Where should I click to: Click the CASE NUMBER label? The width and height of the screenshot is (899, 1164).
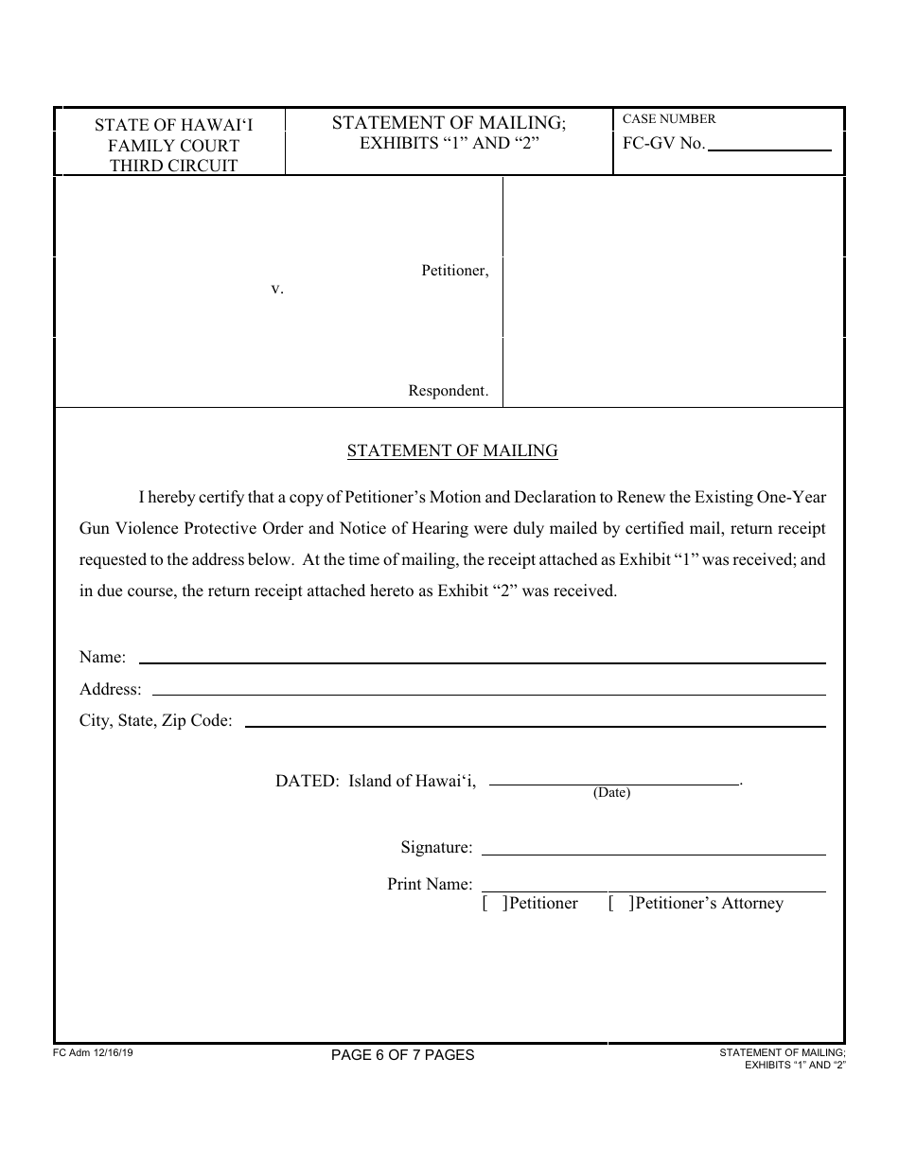click(x=669, y=119)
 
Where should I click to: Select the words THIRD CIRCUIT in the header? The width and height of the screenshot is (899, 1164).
click(x=174, y=166)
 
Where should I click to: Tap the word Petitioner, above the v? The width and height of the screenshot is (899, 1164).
click(x=454, y=271)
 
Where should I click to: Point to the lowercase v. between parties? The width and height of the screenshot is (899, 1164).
click(x=277, y=289)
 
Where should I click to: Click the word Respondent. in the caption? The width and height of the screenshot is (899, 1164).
click(x=449, y=390)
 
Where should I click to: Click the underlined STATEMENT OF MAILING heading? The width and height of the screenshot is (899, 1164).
click(x=452, y=451)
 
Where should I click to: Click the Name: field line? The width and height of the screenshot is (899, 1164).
click(x=482, y=661)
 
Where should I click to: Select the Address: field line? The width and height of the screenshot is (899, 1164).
click(x=488, y=693)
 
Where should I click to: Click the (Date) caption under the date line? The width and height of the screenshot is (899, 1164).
click(x=611, y=793)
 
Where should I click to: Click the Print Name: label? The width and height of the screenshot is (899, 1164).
click(x=430, y=884)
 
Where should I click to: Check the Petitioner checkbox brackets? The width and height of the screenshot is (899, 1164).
click(x=493, y=904)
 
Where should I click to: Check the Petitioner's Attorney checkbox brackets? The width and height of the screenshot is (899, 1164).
click(x=621, y=904)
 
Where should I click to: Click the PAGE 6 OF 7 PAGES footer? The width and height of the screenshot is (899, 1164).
click(x=403, y=1054)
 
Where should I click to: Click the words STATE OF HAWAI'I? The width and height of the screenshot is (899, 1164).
click(x=174, y=125)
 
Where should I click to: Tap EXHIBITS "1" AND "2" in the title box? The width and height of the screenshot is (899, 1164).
click(x=449, y=144)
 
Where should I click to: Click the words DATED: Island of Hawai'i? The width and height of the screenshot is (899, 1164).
click(x=376, y=782)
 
